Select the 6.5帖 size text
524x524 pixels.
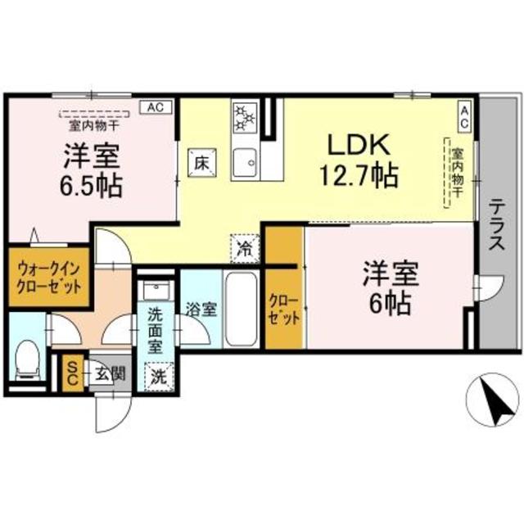[90, 185]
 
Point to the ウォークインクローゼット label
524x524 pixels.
[48, 278]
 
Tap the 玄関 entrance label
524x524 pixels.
[109, 375]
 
